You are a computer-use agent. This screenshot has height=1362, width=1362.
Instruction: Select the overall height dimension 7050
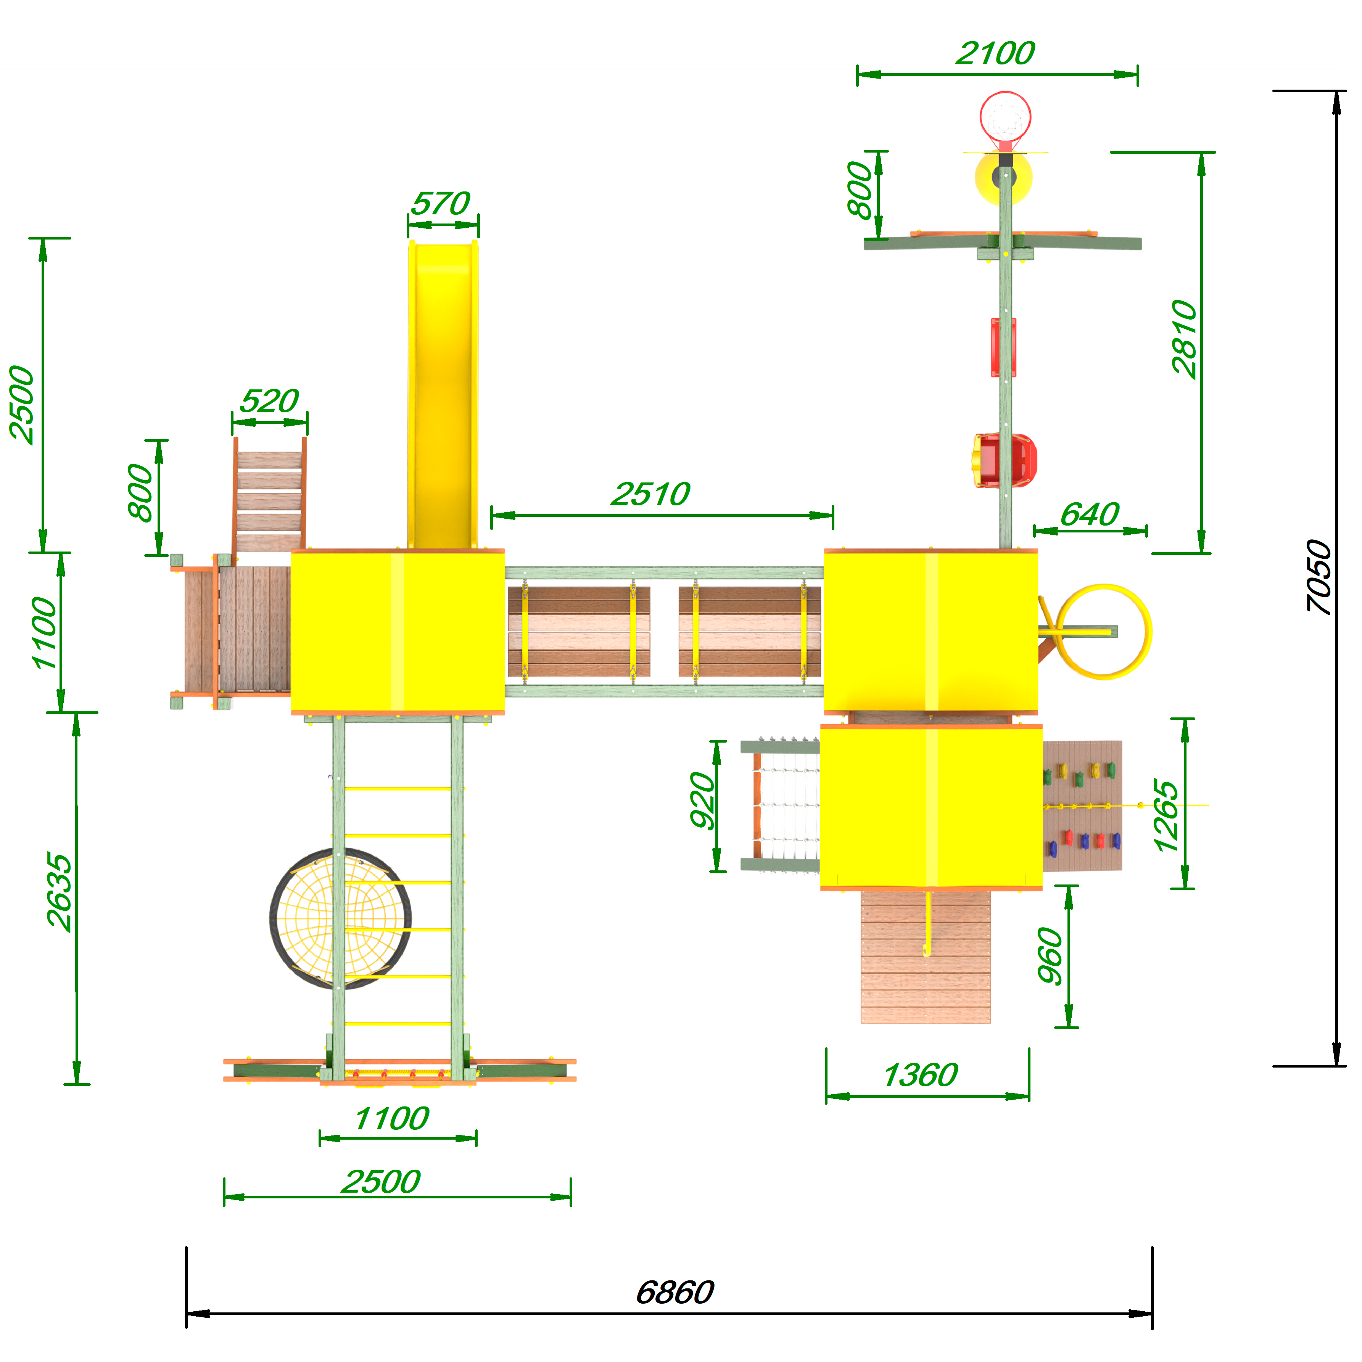point(1318,577)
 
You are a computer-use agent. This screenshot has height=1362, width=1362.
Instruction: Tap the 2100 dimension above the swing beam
point(995,53)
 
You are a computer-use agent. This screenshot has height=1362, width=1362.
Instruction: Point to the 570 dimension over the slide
point(441,204)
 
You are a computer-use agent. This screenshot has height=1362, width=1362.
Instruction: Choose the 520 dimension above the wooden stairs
point(269,401)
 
